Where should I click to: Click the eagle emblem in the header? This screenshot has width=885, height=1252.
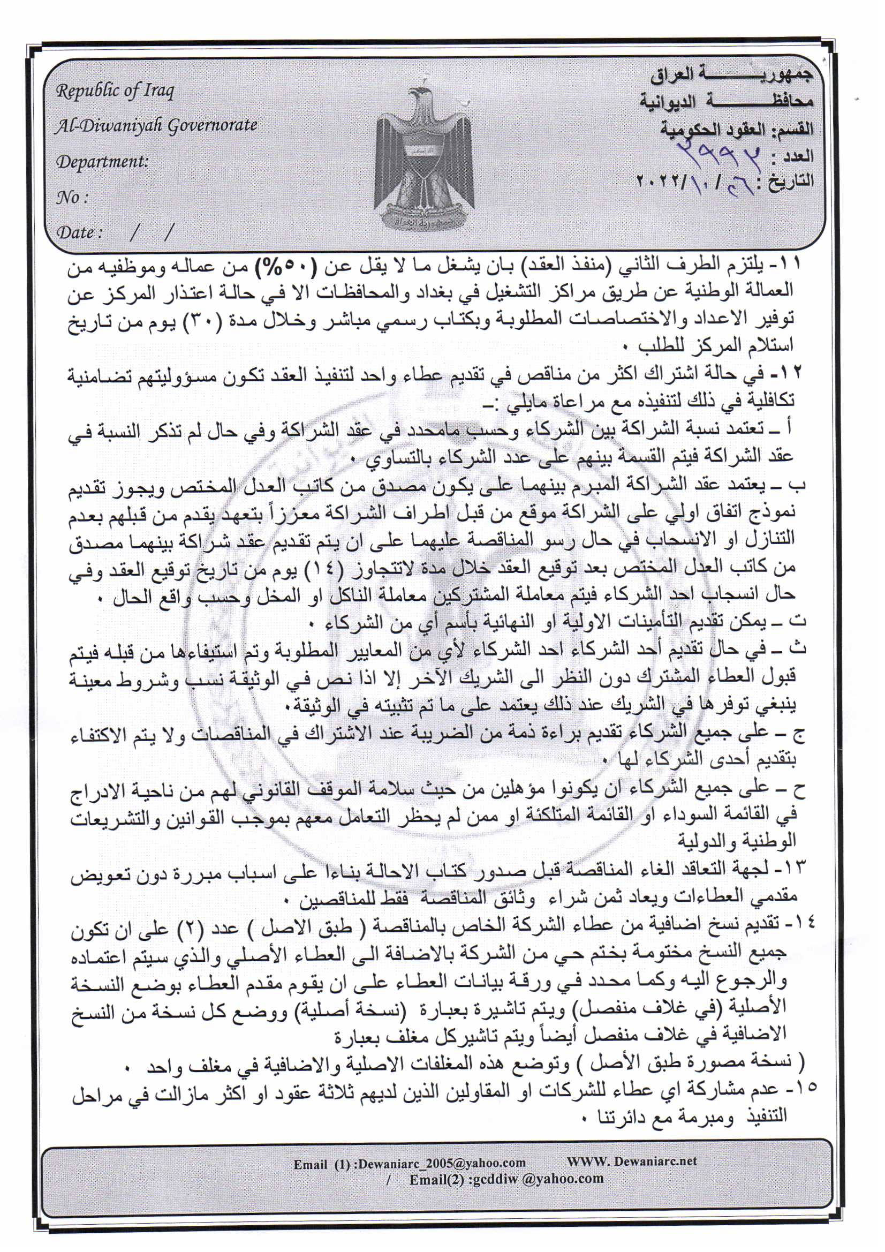[x=423, y=158]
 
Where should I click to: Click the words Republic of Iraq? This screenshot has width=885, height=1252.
[x=115, y=90]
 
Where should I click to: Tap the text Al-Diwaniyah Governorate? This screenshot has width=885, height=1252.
[x=156, y=126]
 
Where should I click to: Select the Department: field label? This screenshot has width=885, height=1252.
[x=102, y=162]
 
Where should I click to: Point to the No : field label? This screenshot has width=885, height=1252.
[x=71, y=198]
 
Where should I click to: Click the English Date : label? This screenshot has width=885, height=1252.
[x=80, y=233]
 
